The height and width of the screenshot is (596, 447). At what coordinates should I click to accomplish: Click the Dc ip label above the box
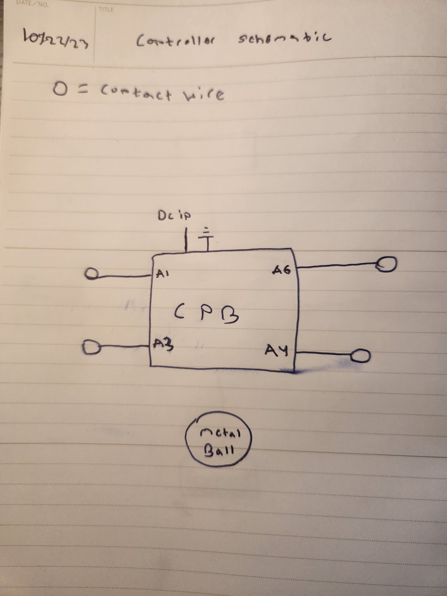[174, 216]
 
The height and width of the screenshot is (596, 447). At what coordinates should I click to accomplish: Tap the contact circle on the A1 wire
[91, 275]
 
